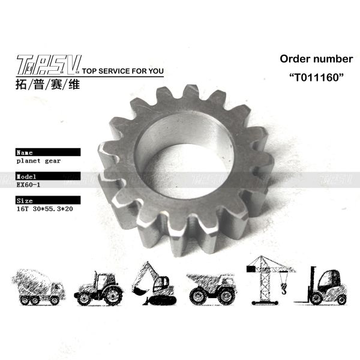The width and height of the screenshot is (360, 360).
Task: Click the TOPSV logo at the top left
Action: point(46,65)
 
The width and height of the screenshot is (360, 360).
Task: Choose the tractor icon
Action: point(97,287)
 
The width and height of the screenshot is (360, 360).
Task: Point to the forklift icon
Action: point(324,285)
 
